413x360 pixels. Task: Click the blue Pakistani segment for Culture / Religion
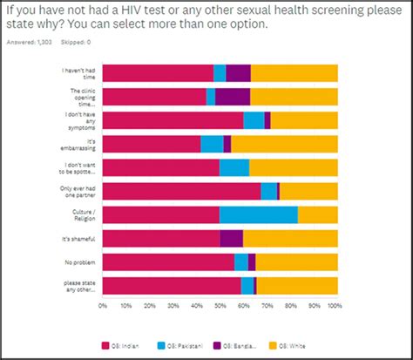[258, 214]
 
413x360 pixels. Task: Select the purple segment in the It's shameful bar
[231, 239]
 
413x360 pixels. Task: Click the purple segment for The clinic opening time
[233, 96]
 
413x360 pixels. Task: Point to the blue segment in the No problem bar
[241, 262]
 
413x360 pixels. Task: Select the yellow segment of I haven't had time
[294, 73]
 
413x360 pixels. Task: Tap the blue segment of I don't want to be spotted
[234, 167]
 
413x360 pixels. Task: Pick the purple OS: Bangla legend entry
[247, 345]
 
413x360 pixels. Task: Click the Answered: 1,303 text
[28, 41]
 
